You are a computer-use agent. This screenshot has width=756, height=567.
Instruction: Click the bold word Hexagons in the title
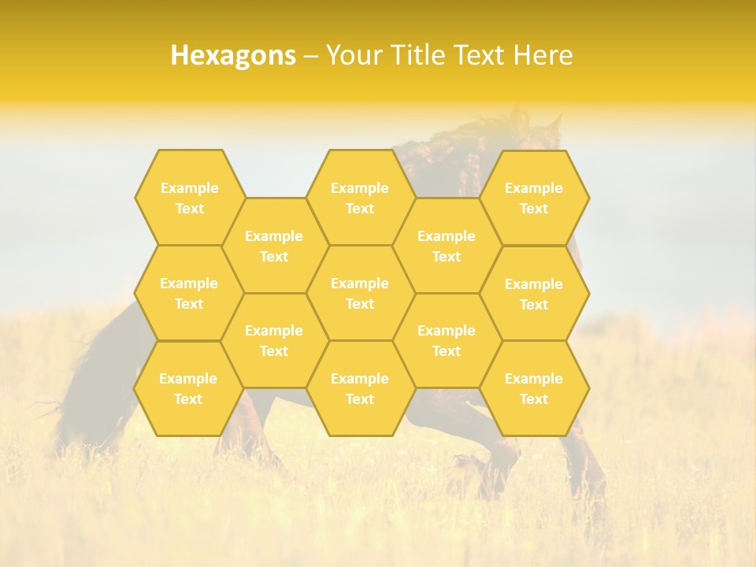pyautogui.click(x=233, y=55)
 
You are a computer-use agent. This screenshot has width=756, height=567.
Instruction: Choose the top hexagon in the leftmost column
pyautogui.click(x=189, y=198)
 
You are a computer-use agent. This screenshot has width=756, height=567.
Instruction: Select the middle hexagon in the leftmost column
pyautogui.click(x=189, y=293)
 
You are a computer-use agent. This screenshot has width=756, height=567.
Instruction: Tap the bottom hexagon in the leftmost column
pyautogui.click(x=188, y=388)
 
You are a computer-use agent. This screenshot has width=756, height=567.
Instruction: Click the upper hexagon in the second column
pyautogui.click(x=274, y=246)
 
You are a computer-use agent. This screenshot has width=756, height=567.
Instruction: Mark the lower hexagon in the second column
pyautogui.click(x=274, y=340)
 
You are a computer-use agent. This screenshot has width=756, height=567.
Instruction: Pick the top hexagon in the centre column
pyautogui.click(x=360, y=198)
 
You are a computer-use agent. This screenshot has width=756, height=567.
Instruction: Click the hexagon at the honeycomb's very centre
pyautogui.click(x=360, y=293)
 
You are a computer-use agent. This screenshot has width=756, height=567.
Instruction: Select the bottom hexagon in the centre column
pyautogui.click(x=360, y=388)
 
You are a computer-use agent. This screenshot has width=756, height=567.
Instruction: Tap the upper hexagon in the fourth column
pyautogui.click(x=447, y=246)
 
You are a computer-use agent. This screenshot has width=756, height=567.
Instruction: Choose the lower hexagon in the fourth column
pyautogui.click(x=447, y=340)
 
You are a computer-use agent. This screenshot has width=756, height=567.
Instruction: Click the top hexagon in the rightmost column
pyautogui.click(x=534, y=198)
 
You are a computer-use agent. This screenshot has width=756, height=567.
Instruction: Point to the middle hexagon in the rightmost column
pyautogui.click(x=534, y=294)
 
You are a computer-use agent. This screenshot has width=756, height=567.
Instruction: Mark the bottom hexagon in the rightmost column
pyautogui.click(x=534, y=388)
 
